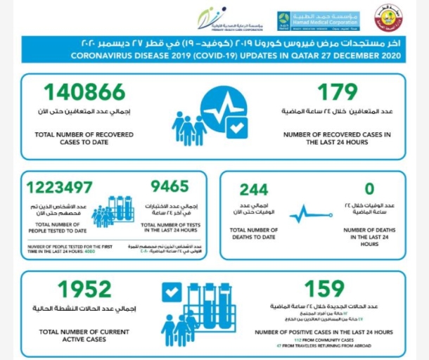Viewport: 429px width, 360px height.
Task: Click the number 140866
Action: pos(84,92)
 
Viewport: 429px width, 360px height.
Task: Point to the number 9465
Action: pos(169,186)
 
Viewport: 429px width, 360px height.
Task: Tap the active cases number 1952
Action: pos(84,289)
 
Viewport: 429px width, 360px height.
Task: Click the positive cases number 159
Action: pos(324,288)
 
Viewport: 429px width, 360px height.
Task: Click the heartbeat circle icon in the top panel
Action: pos(224,112)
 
